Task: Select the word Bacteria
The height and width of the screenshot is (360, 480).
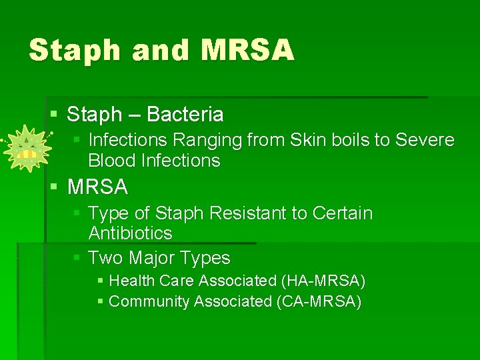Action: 185,115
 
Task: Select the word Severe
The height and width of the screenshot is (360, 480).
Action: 425,140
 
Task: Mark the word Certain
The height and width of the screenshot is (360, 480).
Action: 341,213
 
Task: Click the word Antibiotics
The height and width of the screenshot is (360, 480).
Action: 130,233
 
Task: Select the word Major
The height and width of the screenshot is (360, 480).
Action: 154,258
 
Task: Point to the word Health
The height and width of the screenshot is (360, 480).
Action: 132,281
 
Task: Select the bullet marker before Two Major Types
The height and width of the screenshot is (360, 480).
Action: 77,258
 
